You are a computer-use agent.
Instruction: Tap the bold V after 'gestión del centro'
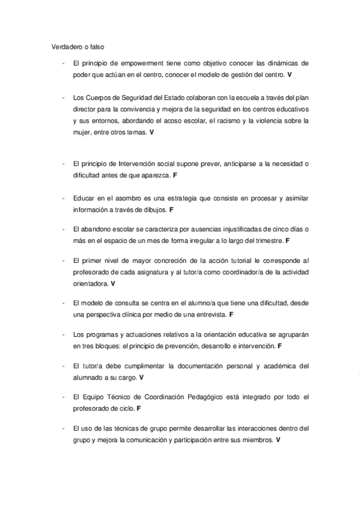pos(290,75)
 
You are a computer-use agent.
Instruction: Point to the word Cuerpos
pos(94,97)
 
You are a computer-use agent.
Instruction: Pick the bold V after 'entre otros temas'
pos(151,132)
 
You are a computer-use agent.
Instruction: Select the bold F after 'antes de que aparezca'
pos(174,176)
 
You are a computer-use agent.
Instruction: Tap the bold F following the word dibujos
pos(171,210)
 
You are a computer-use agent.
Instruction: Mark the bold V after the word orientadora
pos(113,283)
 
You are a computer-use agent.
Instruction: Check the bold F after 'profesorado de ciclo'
pos(139,408)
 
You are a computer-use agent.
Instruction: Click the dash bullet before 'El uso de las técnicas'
pos(63,428)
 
